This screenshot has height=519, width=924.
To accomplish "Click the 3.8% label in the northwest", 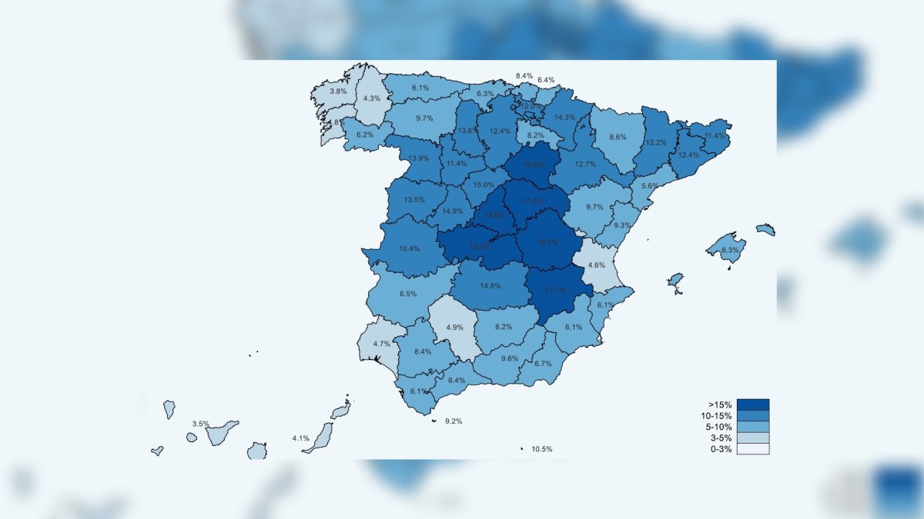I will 338,91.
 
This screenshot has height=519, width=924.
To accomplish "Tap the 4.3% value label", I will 372,98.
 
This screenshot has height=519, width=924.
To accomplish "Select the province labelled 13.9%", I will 419,158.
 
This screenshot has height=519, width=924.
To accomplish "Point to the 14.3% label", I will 564,118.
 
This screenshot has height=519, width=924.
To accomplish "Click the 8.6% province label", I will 618,137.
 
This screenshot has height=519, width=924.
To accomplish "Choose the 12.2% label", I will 656,143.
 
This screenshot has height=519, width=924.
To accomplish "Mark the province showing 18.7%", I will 547,242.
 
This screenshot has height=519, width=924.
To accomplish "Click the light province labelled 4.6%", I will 597,265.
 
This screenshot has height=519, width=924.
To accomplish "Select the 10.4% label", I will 410,249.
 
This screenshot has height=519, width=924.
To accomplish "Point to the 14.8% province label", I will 490,286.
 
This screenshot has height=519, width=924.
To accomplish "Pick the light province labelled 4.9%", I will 454,328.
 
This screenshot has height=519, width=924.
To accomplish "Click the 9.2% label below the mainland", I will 454,421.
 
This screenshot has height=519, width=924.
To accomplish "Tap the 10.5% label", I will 541,449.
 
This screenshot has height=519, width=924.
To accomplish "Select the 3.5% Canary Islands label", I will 200,424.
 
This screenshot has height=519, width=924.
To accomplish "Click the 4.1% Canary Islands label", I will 300,438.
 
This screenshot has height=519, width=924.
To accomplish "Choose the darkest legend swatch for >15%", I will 752,404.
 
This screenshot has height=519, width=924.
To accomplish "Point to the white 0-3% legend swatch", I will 752,449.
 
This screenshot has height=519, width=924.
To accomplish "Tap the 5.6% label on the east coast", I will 650,186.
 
